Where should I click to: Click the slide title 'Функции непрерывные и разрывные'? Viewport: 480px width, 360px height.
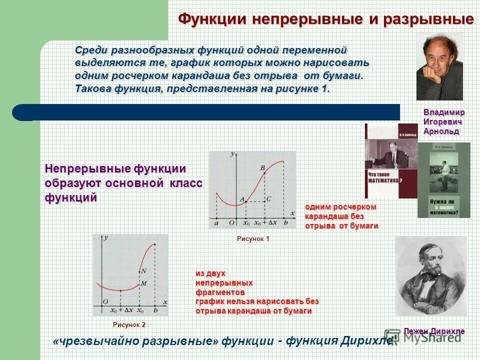326,19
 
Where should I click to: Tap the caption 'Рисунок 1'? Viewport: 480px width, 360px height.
253,239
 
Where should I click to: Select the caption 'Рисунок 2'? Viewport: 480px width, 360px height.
129,324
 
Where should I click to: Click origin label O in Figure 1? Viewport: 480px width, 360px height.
231,223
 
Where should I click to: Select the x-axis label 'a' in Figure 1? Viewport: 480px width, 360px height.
216,223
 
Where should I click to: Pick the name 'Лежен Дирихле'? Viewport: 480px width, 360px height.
434,331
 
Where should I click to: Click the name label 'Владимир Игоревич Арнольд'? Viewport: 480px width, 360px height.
443,121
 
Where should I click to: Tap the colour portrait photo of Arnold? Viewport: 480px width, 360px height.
439,67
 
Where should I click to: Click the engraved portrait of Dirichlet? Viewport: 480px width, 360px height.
430,276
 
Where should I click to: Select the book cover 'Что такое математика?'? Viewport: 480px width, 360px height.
390,161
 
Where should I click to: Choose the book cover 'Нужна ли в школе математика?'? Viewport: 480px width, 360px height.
444,180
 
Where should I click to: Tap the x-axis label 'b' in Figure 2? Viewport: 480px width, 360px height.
155,310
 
